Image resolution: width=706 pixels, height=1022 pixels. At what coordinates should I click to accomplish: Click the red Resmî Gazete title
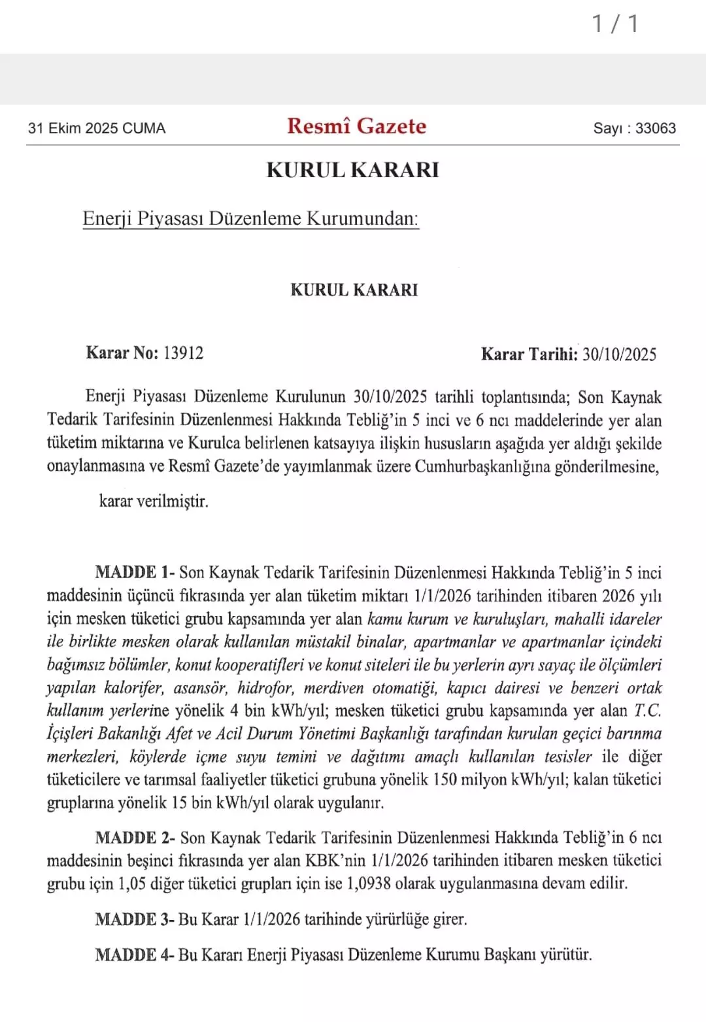(x=356, y=126)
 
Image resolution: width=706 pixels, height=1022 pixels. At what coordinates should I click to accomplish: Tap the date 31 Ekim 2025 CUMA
(x=97, y=128)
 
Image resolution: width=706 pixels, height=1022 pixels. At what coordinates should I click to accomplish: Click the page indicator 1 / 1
(x=615, y=24)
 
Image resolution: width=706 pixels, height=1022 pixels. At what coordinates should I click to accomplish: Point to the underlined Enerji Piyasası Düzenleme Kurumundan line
(x=250, y=218)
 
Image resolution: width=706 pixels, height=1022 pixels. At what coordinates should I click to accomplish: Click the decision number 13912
(x=183, y=353)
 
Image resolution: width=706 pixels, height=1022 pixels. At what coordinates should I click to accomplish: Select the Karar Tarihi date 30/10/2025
(x=619, y=354)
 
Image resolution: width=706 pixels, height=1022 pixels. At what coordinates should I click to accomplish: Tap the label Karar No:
(x=122, y=353)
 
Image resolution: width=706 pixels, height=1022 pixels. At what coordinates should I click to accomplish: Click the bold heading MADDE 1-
(x=135, y=572)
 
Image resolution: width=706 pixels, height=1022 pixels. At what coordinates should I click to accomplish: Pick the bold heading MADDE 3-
(x=135, y=919)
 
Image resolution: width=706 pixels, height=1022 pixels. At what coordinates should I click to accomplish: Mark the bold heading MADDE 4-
(x=135, y=955)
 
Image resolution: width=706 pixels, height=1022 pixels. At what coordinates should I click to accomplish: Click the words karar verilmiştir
(x=154, y=502)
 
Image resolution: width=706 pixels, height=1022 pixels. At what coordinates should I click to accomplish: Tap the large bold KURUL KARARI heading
(x=353, y=170)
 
